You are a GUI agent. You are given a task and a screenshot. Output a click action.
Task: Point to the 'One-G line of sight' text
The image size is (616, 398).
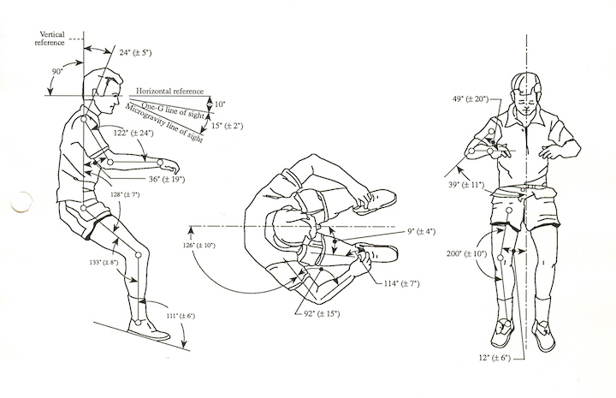171,105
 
